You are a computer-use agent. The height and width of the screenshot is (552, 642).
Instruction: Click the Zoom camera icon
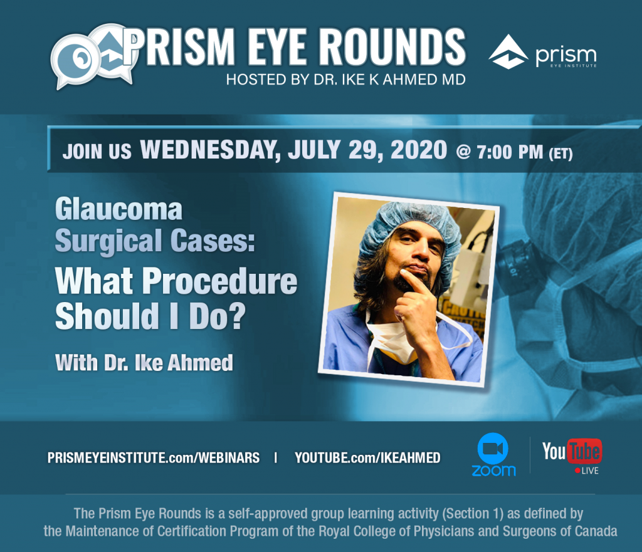click(x=493, y=449)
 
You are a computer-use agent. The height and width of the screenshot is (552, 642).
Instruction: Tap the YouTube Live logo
click(x=572, y=457)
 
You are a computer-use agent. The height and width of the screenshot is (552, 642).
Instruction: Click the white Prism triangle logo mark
click(x=508, y=51)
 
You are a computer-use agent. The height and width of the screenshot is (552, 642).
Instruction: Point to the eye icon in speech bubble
click(x=76, y=60)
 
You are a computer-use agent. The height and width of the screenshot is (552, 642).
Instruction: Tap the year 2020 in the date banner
click(x=418, y=150)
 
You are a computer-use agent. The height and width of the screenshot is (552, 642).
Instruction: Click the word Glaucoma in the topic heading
click(x=118, y=209)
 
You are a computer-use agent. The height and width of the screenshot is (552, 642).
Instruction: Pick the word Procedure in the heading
click(x=219, y=281)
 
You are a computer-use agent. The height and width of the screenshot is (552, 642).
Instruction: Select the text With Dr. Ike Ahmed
click(x=144, y=363)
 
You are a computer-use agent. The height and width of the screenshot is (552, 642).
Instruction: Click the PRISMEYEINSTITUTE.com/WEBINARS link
click(x=154, y=457)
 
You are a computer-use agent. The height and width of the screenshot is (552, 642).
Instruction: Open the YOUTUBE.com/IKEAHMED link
click(x=367, y=457)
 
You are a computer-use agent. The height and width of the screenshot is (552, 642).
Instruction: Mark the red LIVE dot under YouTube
click(x=577, y=471)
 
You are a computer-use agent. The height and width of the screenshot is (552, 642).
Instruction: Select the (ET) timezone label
click(x=560, y=154)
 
